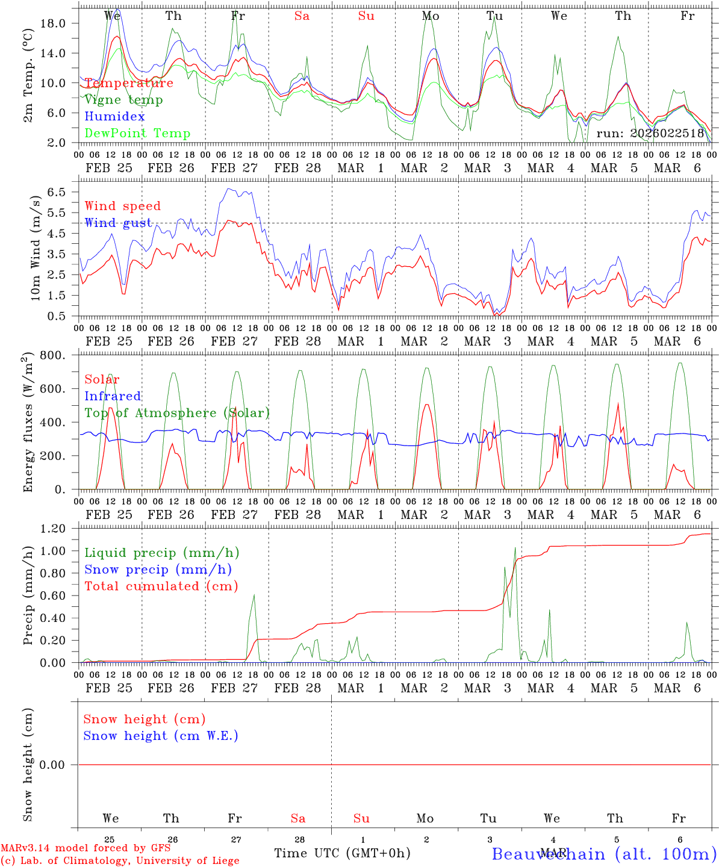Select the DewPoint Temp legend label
tap(137, 133)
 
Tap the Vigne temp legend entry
tap(123, 100)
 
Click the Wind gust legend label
tap(118, 223)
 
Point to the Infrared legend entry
tap(113, 396)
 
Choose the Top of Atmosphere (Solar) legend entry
tap(177, 413)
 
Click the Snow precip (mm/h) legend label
tap(158, 570)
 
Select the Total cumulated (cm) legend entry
tap(161, 586)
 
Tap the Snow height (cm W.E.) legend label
tap(161, 736)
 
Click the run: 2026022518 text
tap(650, 134)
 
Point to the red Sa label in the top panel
tap(302, 16)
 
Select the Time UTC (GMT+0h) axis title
tap(342, 853)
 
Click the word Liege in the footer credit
tap(223, 860)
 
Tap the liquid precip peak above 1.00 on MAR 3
tap(515, 548)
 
